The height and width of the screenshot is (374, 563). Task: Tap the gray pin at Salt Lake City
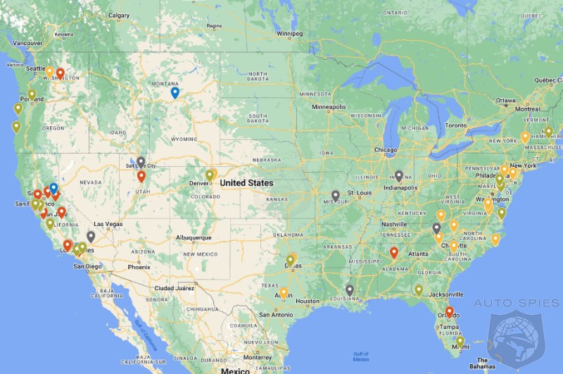tap(141, 162)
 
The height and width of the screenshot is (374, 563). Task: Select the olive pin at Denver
tap(210, 175)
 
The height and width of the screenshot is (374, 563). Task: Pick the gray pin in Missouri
tap(335, 196)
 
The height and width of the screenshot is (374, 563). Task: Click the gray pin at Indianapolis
tap(399, 175)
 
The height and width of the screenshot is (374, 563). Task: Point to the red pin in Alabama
tap(394, 252)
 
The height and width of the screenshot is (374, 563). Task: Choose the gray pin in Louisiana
tap(350, 289)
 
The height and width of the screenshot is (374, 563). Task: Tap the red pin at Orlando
tap(449, 311)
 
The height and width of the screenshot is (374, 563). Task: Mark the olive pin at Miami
tap(460, 341)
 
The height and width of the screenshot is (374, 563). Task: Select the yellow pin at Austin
tap(284, 292)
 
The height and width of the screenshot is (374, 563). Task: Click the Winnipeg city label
tap(289, 33)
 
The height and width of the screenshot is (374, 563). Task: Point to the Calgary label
tap(120, 15)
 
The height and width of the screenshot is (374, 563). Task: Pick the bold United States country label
tap(246, 182)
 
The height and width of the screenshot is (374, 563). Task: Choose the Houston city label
tap(308, 301)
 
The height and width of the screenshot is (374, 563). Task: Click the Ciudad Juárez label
tap(175, 287)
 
